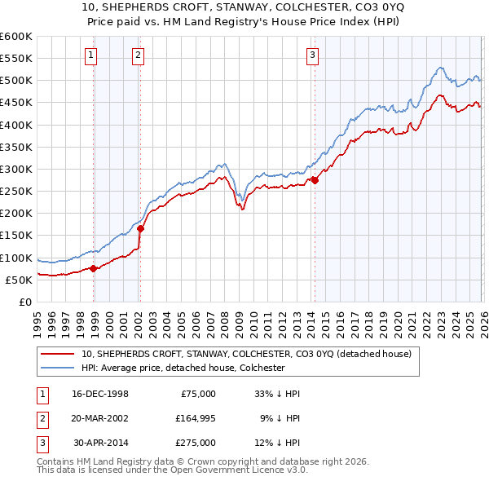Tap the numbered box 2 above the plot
pyautogui.click(x=138, y=55)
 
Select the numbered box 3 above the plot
pyautogui.click(x=312, y=55)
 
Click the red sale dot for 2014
pyautogui.click(x=315, y=180)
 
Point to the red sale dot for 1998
pyautogui.click(x=94, y=268)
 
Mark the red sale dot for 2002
pyautogui.click(x=140, y=229)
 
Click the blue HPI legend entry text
pyautogui.click(x=183, y=368)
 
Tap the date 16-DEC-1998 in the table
pyautogui.click(x=100, y=394)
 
